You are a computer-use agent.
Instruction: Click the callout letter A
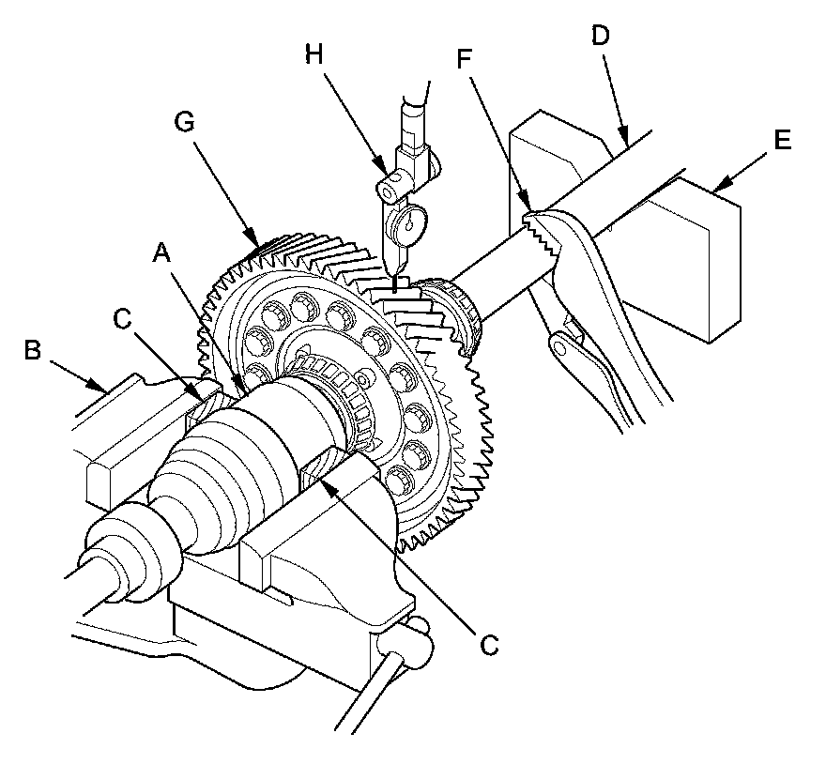pyautogui.click(x=163, y=251)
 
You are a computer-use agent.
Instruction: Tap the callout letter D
pyautogui.click(x=602, y=37)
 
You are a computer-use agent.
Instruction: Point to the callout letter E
pyautogui.click(x=782, y=142)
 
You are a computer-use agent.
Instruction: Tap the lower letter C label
pyautogui.click(x=487, y=645)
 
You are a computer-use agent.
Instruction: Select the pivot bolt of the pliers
pyautogui.click(x=563, y=346)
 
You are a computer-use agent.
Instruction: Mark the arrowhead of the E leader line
pyautogui.click(x=717, y=192)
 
